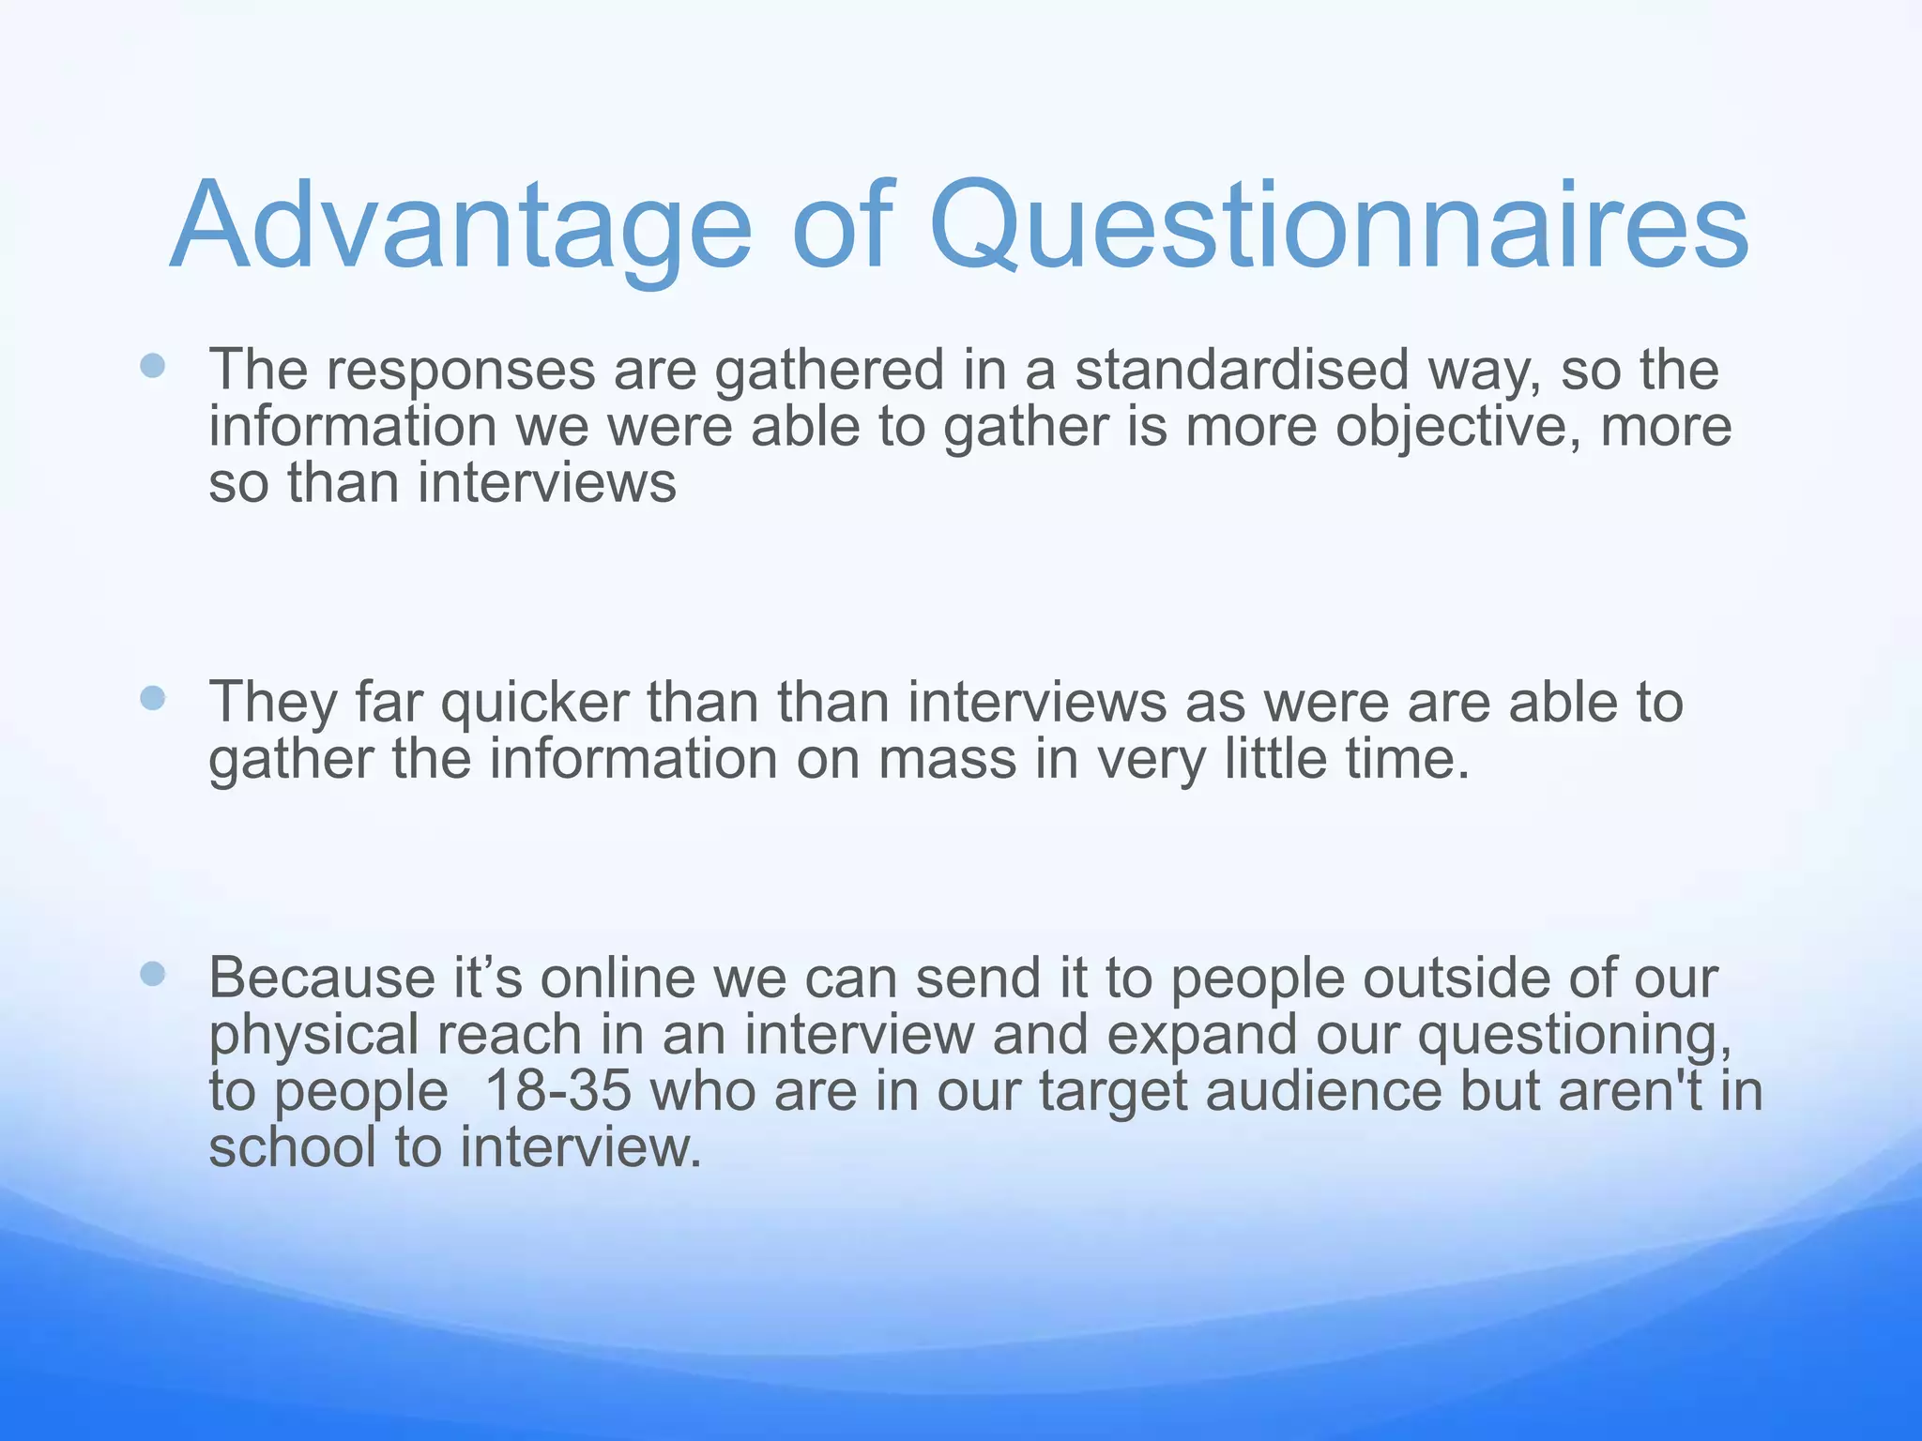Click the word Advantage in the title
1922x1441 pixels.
click(x=460, y=227)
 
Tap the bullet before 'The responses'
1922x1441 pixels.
click(x=152, y=365)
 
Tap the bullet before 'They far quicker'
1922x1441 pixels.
click(x=152, y=697)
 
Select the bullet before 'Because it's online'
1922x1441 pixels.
click(x=152, y=974)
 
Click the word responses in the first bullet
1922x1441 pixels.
click(x=460, y=371)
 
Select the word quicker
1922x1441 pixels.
click(x=535, y=703)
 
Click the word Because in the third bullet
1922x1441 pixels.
click(x=321, y=978)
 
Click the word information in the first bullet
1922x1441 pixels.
click(x=352, y=427)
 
